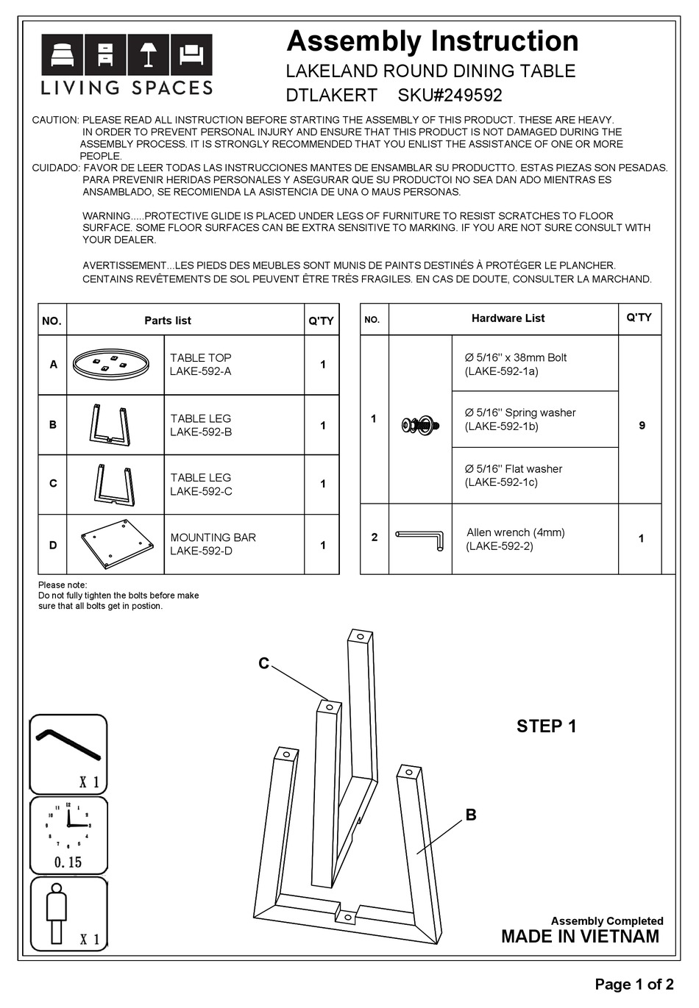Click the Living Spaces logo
pyautogui.click(x=127, y=65)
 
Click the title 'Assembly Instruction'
pyautogui.click(x=432, y=41)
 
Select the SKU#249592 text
pyautogui.click(x=450, y=95)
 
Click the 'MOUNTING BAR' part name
pyautogui.click(x=213, y=537)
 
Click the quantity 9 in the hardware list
pyautogui.click(x=642, y=426)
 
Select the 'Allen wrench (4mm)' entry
pyautogui.click(x=515, y=532)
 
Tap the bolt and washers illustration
pyautogui.click(x=421, y=424)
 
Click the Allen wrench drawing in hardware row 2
pyautogui.click(x=419, y=539)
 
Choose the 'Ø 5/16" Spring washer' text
pyautogui.click(x=519, y=412)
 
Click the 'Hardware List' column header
pyautogui.click(x=508, y=318)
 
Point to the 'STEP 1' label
pyautogui.click(x=546, y=726)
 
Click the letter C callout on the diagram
pyautogui.click(x=263, y=664)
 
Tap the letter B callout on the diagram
pyautogui.click(x=471, y=815)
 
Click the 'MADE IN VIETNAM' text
pyautogui.click(x=580, y=937)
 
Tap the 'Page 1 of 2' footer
pyautogui.click(x=634, y=984)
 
